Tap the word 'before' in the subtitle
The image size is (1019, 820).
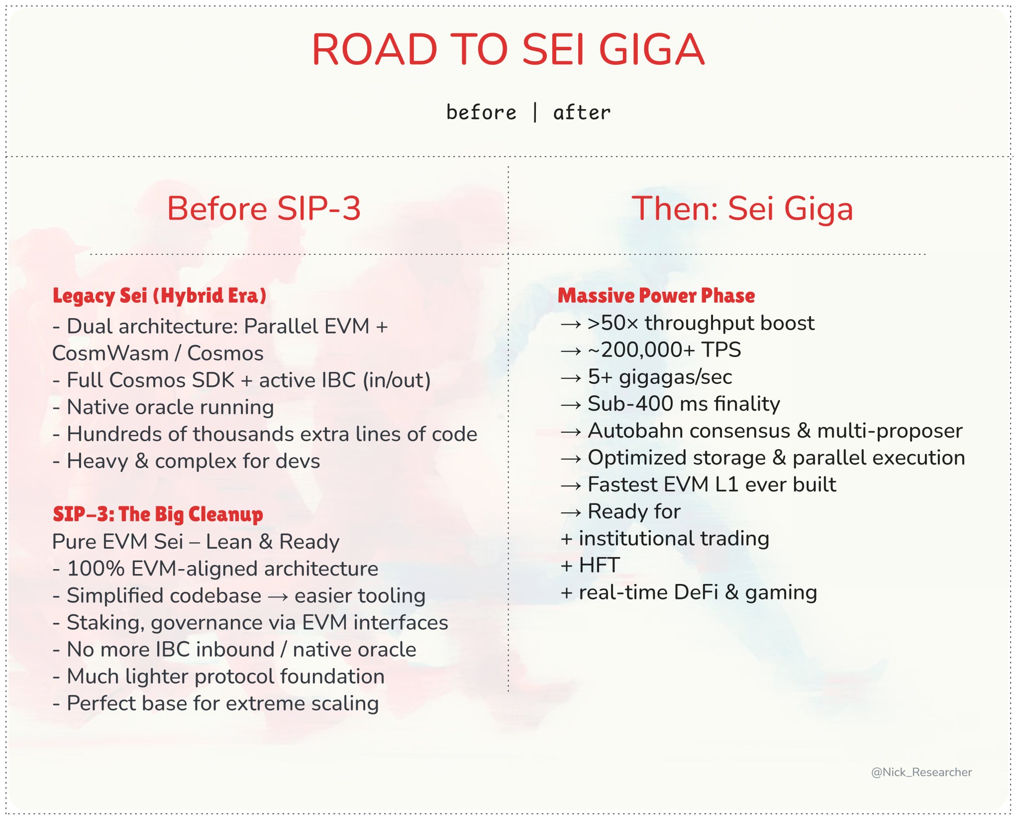tap(481, 112)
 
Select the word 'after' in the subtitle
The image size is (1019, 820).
tap(582, 112)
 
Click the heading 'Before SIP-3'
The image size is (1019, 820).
tap(264, 208)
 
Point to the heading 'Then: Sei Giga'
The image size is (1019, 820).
tap(742, 208)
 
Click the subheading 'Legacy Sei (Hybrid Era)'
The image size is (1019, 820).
tap(160, 296)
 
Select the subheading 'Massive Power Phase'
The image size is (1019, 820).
tap(656, 296)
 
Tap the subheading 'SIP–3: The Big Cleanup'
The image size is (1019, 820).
tap(158, 514)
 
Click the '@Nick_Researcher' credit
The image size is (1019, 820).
tap(921, 772)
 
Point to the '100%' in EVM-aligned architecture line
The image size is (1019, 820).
tap(96, 569)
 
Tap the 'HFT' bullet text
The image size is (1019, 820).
tap(600, 565)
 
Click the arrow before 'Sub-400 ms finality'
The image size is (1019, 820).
tap(571, 405)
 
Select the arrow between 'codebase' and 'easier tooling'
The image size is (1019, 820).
tap(278, 596)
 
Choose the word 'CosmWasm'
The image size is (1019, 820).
tap(110, 353)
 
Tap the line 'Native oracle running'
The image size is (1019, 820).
tap(170, 408)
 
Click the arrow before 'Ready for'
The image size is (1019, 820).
tap(571, 512)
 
